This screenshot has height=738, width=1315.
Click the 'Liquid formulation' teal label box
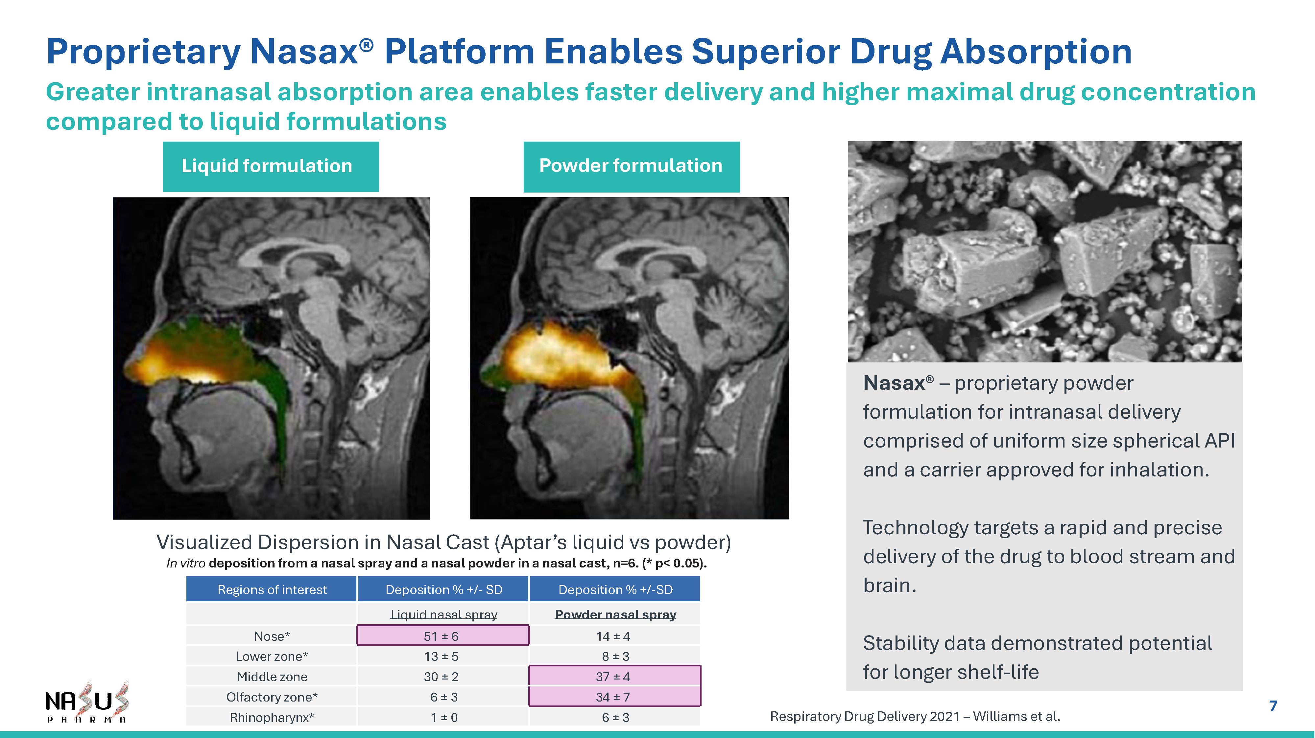click(x=271, y=166)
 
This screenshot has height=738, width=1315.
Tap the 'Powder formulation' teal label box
click(x=632, y=166)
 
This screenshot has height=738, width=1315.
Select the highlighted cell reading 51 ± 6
click(x=442, y=635)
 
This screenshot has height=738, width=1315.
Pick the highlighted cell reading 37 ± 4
click(x=615, y=676)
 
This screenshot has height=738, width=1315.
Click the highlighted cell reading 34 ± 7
click(x=615, y=697)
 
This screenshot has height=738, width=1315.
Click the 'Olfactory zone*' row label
click(x=272, y=697)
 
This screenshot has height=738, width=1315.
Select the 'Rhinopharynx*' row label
click(x=272, y=717)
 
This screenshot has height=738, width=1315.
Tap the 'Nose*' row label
click(x=272, y=636)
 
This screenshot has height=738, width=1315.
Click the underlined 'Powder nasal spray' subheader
click(x=615, y=614)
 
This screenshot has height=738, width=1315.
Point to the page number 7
click(x=1273, y=706)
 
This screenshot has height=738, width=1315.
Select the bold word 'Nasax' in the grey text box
click(x=894, y=383)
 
